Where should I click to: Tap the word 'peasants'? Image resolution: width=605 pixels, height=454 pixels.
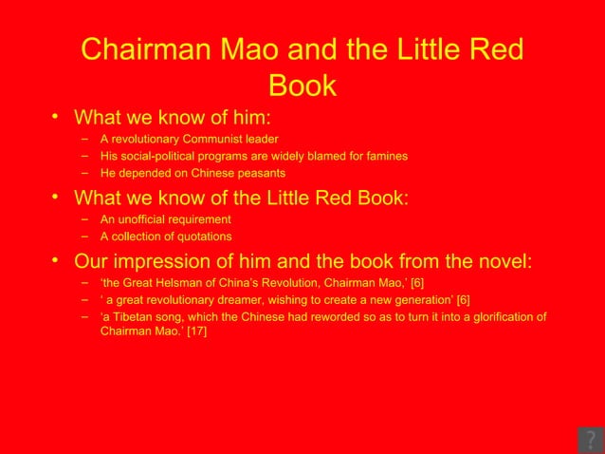click(261, 173)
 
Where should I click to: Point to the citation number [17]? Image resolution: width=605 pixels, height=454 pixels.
click(195, 333)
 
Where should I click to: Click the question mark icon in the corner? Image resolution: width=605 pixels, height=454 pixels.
click(590, 440)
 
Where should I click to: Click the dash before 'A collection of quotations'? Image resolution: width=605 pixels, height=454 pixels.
click(84, 236)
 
